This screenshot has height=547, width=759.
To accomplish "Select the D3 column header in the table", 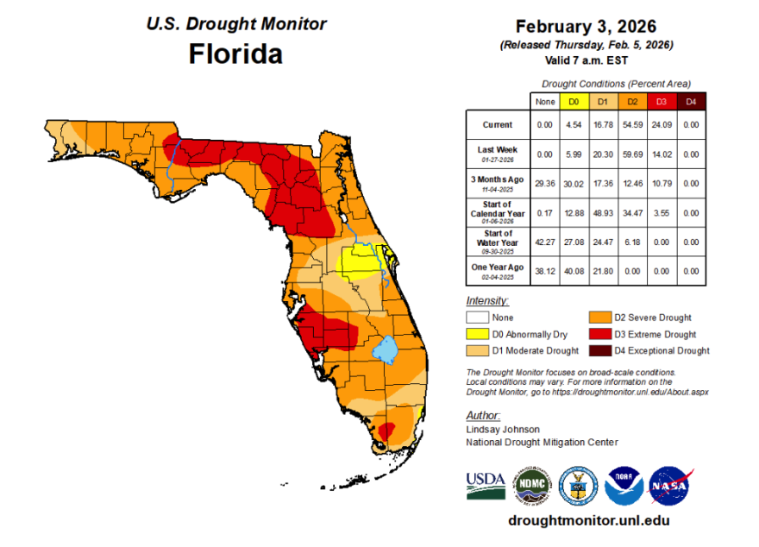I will [x=660, y=102].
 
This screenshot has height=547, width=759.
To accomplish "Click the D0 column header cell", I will [x=574, y=102].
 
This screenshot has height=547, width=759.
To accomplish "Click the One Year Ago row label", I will [x=497, y=269].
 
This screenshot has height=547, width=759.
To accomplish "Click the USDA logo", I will [x=485, y=485].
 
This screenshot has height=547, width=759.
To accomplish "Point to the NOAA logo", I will [x=624, y=486].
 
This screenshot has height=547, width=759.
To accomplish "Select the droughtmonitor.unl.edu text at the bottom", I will [x=588, y=520].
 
